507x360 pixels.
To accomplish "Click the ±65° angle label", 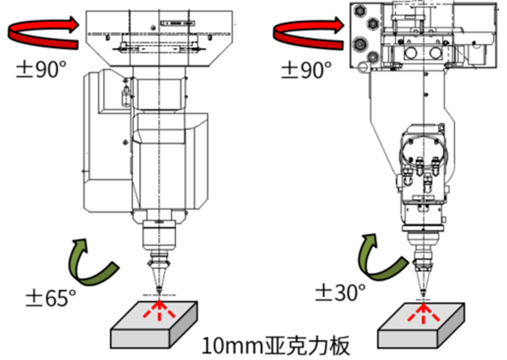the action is [x=51, y=298].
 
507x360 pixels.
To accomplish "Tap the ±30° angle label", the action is [x=340, y=292].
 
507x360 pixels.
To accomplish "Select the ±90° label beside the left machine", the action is [x=41, y=69].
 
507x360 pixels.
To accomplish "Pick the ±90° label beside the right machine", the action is [x=307, y=69].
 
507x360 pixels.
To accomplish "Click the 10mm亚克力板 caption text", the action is [x=276, y=345].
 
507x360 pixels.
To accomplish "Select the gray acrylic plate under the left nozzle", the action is [x=154, y=325].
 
